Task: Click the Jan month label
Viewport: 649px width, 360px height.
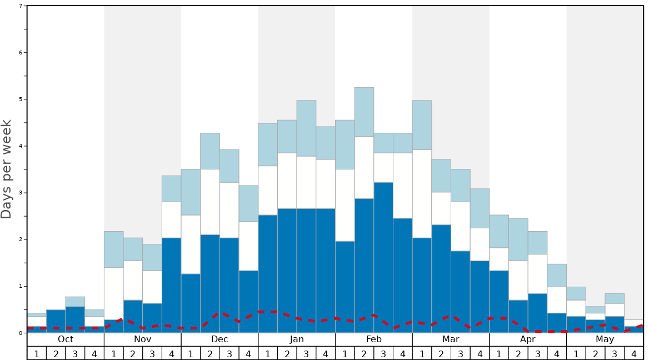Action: coord(297,339)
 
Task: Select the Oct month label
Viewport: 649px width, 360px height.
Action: coord(66,339)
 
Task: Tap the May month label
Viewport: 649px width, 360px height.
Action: coord(605,339)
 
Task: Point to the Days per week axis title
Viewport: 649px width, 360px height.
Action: coord(7,169)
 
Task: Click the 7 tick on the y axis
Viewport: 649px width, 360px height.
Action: coord(21,6)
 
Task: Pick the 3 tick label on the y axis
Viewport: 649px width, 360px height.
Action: coord(21,193)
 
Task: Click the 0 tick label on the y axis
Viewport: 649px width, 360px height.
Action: coord(21,333)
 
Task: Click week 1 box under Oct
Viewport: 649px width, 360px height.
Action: coord(37,353)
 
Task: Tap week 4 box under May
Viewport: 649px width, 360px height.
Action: coord(634,353)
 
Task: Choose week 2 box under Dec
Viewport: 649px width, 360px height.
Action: coord(210,353)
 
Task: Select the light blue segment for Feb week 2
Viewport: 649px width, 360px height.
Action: coord(364,112)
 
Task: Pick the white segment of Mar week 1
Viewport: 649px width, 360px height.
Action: coord(422,193)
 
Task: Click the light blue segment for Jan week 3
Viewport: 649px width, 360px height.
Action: coord(306,128)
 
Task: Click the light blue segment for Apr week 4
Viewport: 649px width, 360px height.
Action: coord(557,275)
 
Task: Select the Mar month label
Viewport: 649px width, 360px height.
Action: coord(451,339)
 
